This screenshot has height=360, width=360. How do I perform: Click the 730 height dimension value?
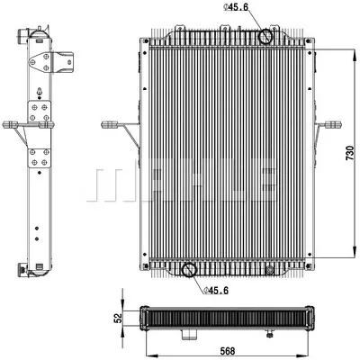click(x=349, y=156)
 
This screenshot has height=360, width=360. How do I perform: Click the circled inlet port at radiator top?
click(x=266, y=38)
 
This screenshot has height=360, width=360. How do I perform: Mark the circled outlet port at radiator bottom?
click(x=188, y=269)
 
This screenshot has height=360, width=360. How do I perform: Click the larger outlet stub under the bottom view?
click(x=188, y=335)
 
